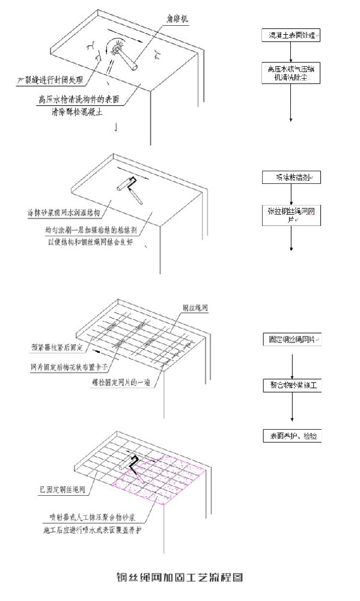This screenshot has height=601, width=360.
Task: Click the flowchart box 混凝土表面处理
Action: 291,36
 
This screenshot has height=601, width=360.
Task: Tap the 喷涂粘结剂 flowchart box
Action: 291,177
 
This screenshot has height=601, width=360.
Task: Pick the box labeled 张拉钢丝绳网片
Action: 291,215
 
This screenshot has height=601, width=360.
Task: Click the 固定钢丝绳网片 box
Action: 291,340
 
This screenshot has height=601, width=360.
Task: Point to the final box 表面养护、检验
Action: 291,435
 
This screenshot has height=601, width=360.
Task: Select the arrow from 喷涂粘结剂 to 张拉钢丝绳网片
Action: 291,193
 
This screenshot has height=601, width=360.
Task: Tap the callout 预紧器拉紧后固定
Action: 61,347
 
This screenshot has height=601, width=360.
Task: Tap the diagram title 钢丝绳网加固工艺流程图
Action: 179,578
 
